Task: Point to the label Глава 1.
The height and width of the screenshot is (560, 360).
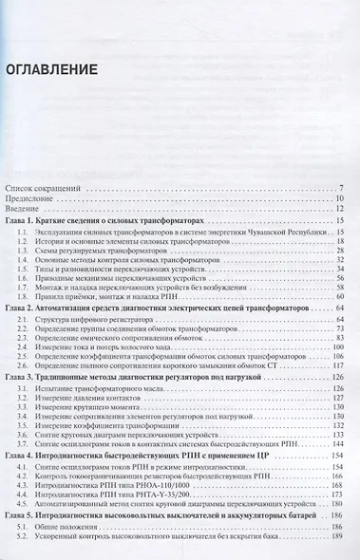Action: pyautogui.click(x=27, y=220)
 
